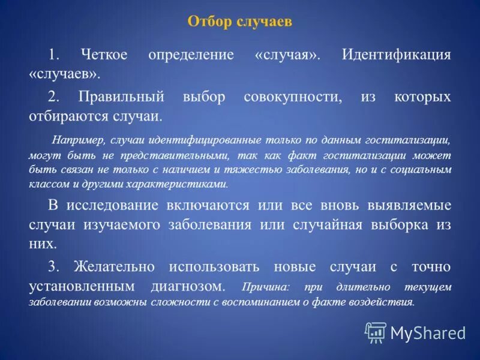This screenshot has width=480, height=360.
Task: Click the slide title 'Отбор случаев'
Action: (x=239, y=22)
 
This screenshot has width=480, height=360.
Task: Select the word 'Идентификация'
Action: (x=396, y=55)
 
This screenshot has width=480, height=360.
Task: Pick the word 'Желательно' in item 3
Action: (x=114, y=266)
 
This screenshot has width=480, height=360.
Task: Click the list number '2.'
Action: (x=54, y=97)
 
